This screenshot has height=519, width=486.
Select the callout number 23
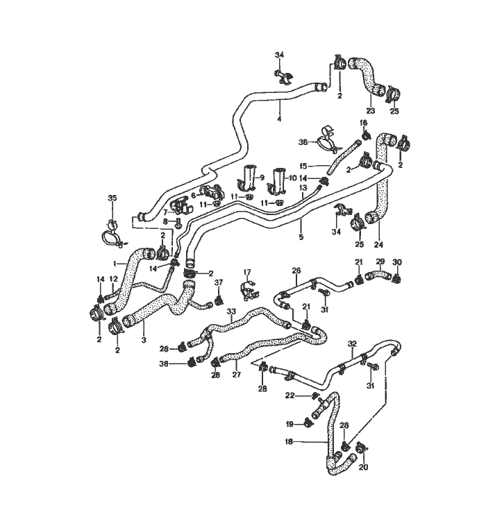(x=370, y=110)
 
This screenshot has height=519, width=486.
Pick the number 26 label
(x=296, y=271)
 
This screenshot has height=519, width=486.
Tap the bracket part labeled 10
(x=279, y=180)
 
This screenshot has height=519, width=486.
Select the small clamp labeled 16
(x=367, y=135)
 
